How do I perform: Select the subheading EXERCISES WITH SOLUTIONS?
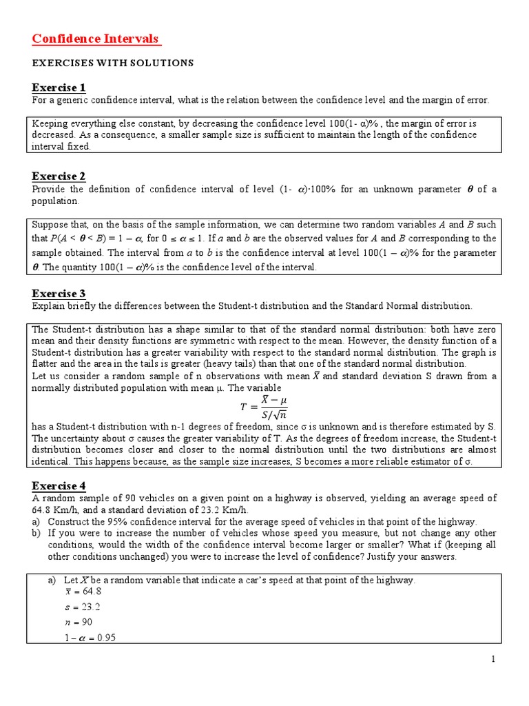coord(113,63)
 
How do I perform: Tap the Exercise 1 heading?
coord(59,88)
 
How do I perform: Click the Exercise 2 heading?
coord(59,176)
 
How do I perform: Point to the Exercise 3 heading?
coord(59,294)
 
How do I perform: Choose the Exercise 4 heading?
coord(59,486)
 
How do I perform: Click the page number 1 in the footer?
coord(493,660)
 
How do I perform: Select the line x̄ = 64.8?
coord(83,592)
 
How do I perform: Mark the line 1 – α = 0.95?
coord(90,638)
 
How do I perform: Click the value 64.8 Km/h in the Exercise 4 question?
coord(55,510)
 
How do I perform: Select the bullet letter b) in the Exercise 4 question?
coord(37,534)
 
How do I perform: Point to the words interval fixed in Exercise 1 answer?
coord(61,147)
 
